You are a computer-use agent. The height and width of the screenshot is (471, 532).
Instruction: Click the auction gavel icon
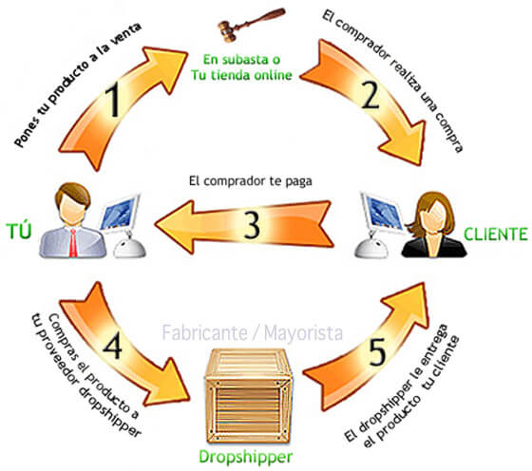[251, 25]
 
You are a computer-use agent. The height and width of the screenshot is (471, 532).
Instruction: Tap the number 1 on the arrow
[113, 101]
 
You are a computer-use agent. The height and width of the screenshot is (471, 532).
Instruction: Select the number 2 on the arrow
[370, 95]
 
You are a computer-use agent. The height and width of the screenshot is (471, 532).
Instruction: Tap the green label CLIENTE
[496, 234]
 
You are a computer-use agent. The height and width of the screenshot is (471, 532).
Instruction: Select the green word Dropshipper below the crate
[245, 457]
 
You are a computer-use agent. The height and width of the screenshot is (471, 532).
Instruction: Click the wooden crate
[248, 396]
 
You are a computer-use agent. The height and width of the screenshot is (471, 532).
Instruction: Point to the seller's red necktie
[73, 242]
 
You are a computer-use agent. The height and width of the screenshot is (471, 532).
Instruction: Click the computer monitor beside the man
[122, 213]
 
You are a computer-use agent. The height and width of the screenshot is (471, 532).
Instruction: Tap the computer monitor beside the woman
[382, 213]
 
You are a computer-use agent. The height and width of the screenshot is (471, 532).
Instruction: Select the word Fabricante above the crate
[204, 332]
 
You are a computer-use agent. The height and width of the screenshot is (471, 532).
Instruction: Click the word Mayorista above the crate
[303, 332]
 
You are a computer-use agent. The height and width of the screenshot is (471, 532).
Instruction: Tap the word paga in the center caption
[298, 181]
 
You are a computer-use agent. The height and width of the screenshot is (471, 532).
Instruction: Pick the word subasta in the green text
[243, 60]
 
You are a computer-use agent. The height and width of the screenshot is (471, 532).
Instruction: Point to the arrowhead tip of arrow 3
[155, 224]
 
